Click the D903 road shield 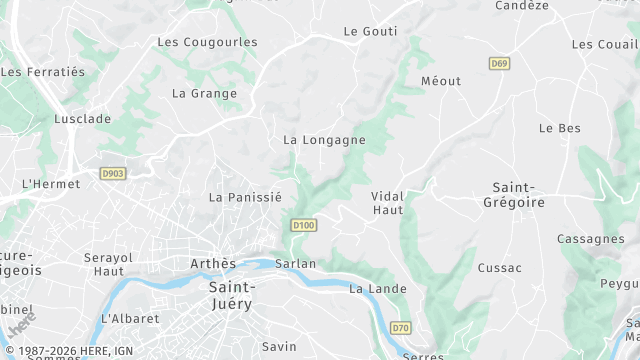click(113, 174)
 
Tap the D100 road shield click(304, 226)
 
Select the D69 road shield click(499, 63)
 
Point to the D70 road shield click(401, 327)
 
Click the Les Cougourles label click(208, 42)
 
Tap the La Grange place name click(205, 94)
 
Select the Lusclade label click(83, 118)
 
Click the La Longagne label click(324, 140)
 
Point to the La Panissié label click(245, 197)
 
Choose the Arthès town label click(213, 264)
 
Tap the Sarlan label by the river click(295, 264)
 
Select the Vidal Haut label click(387, 203)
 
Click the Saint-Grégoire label click(519, 195)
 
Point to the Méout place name click(441, 81)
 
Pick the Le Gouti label click(370, 31)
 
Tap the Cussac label click(500, 268)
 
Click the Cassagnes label click(590, 239)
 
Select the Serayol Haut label click(108, 264)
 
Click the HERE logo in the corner click(20, 325)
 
